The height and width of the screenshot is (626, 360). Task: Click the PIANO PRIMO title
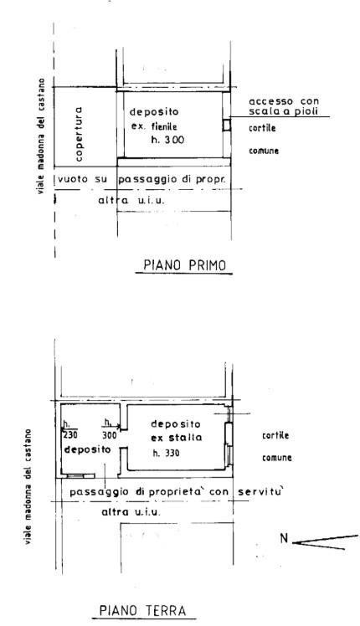pos(184,265)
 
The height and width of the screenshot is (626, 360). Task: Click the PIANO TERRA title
pos(142,610)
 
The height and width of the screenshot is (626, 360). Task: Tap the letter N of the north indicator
pos(284,539)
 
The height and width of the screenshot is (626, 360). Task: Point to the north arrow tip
pos(293,543)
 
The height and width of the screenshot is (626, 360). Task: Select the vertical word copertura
pos(79,134)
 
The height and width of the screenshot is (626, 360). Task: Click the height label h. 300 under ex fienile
pos(167,140)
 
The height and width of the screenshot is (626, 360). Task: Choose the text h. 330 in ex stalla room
pos(167,453)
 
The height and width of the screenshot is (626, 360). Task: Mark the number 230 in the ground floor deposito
pos(70,434)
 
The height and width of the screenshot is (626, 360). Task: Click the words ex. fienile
pos(154,127)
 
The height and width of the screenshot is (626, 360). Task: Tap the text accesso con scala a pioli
pos(284,106)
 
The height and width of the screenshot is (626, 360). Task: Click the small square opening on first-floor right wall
pos(227,125)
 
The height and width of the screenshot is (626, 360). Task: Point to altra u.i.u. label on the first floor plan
pos(131,200)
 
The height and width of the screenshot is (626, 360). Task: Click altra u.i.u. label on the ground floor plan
pos(131,512)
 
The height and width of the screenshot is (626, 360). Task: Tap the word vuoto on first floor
pos(73,179)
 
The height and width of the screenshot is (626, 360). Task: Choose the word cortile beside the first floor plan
pos(262,129)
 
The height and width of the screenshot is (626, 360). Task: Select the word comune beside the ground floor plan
pos(277,458)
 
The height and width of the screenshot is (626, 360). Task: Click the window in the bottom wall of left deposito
pos(75,476)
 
